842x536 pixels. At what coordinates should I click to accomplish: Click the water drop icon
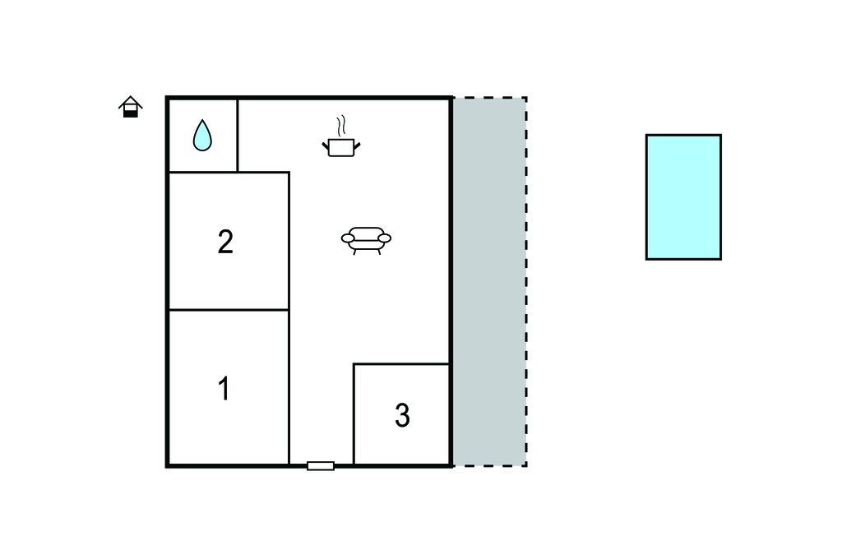202,136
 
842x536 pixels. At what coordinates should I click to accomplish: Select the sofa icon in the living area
366,240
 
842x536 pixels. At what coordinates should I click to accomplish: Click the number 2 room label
225,242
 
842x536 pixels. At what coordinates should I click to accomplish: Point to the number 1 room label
224,388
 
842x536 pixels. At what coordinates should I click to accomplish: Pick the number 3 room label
402,415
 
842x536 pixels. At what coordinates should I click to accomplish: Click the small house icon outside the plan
131,106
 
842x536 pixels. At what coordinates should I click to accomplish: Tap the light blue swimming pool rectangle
683,197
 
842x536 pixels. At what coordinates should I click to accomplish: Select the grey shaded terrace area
489,282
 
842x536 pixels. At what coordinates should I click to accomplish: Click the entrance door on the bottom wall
321,465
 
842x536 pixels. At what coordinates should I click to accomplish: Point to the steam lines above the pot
340,127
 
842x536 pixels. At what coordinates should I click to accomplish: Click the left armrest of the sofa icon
348,238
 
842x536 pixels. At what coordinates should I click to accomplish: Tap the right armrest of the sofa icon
385,238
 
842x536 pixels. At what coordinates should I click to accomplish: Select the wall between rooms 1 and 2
229,310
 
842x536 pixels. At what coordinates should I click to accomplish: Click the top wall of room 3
401,364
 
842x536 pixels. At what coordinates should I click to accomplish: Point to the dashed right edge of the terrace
526,282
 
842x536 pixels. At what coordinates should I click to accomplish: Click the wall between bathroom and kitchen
238,136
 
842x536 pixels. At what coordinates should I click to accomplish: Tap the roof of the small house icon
131,102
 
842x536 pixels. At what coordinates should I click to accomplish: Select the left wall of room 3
354,414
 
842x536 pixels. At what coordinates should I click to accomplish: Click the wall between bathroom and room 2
203,173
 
